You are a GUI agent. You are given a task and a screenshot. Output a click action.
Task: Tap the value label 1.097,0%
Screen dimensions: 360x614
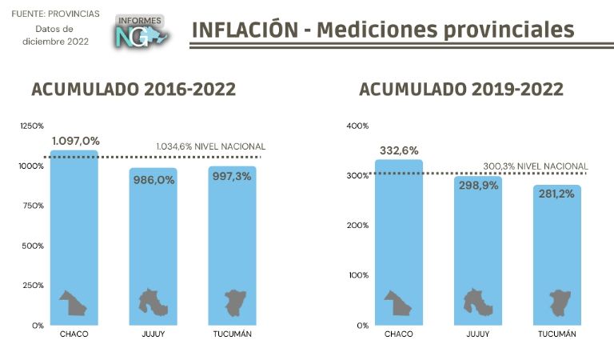pyautogui.click(x=75, y=141)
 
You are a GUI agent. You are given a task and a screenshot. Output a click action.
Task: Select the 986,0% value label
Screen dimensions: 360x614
pyautogui.click(x=153, y=180)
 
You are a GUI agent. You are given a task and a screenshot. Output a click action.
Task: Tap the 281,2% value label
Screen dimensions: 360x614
pyautogui.click(x=557, y=194)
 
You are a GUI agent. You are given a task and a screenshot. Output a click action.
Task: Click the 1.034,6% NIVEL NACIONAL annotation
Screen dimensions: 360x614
pyautogui.click(x=210, y=147)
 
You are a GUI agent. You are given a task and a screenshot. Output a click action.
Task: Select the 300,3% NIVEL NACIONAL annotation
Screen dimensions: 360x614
pyautogui.click(x=534, y=166)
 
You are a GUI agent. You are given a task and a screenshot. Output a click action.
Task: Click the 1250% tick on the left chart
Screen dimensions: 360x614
pyautogui.click(x=33, y=126)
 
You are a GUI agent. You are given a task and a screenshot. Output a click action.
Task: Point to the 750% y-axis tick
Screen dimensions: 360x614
pyautogui.click(x=33, y=206)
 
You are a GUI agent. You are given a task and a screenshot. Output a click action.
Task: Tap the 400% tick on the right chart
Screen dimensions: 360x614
pyautogui.click(x=357, y=126)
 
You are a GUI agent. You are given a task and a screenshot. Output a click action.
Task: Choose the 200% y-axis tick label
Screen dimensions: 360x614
pyautogui.click(x=357, y=225)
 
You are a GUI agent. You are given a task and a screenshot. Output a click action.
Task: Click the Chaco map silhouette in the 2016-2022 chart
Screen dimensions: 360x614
pyautogui.click(x=73, y=302)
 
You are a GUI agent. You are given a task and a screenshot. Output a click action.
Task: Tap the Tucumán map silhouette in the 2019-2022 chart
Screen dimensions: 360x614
pyautogui.click(x=557, y=302)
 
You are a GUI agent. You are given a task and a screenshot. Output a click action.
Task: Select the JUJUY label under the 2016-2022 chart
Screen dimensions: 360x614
pyautogui.click(x=152, y=334)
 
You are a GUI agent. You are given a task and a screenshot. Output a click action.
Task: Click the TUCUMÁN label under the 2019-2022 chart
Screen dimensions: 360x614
pyautogui.click(x=556, y=334)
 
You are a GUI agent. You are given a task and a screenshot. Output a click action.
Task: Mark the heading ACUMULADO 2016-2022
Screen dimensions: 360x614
pyautogui.click(x=134, y=89)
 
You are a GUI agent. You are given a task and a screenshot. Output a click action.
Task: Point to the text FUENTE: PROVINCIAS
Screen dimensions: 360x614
pyautogui.click(x=55, y=14)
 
